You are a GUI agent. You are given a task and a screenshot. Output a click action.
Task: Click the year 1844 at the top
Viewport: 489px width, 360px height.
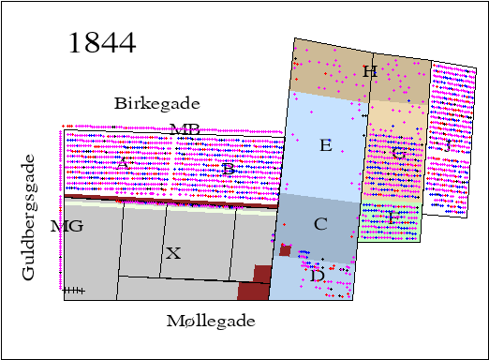tap(102, 42)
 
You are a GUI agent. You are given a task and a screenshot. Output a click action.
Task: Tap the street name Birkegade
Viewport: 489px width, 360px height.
tap(157, 103)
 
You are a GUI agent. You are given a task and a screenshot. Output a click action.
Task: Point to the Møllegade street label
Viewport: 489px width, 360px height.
tap(211, 321)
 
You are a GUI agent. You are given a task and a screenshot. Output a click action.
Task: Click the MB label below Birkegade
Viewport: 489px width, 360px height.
tap(185, 129)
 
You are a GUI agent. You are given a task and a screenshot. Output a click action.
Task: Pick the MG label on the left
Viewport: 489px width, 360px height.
tap(67, 226)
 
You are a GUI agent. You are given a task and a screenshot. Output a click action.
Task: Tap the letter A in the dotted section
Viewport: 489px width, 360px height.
tap(122, 162)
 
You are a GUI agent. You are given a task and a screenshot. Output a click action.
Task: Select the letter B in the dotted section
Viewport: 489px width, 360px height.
tap(228, 169)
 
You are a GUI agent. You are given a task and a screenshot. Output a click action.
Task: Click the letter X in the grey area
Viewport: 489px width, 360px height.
tap(172, 252)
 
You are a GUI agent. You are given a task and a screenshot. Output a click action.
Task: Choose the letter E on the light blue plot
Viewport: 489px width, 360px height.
tap(325, 145)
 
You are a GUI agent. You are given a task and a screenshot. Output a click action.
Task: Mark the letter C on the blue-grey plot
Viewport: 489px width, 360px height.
tap(320, 224)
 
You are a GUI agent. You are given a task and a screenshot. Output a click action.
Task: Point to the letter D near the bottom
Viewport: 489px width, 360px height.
tap(318, 276)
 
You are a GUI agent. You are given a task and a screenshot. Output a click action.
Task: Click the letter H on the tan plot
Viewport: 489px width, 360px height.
tap(369, 71)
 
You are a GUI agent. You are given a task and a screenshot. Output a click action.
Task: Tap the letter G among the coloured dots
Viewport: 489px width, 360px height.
tap(398, 152)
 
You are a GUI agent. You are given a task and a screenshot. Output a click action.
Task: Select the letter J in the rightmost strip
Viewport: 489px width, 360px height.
tap(449, 145)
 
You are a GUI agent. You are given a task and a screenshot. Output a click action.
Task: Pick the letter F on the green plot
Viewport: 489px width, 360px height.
tap(393, 216)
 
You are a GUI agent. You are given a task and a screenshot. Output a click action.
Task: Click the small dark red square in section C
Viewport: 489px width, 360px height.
tap(285, 249)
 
